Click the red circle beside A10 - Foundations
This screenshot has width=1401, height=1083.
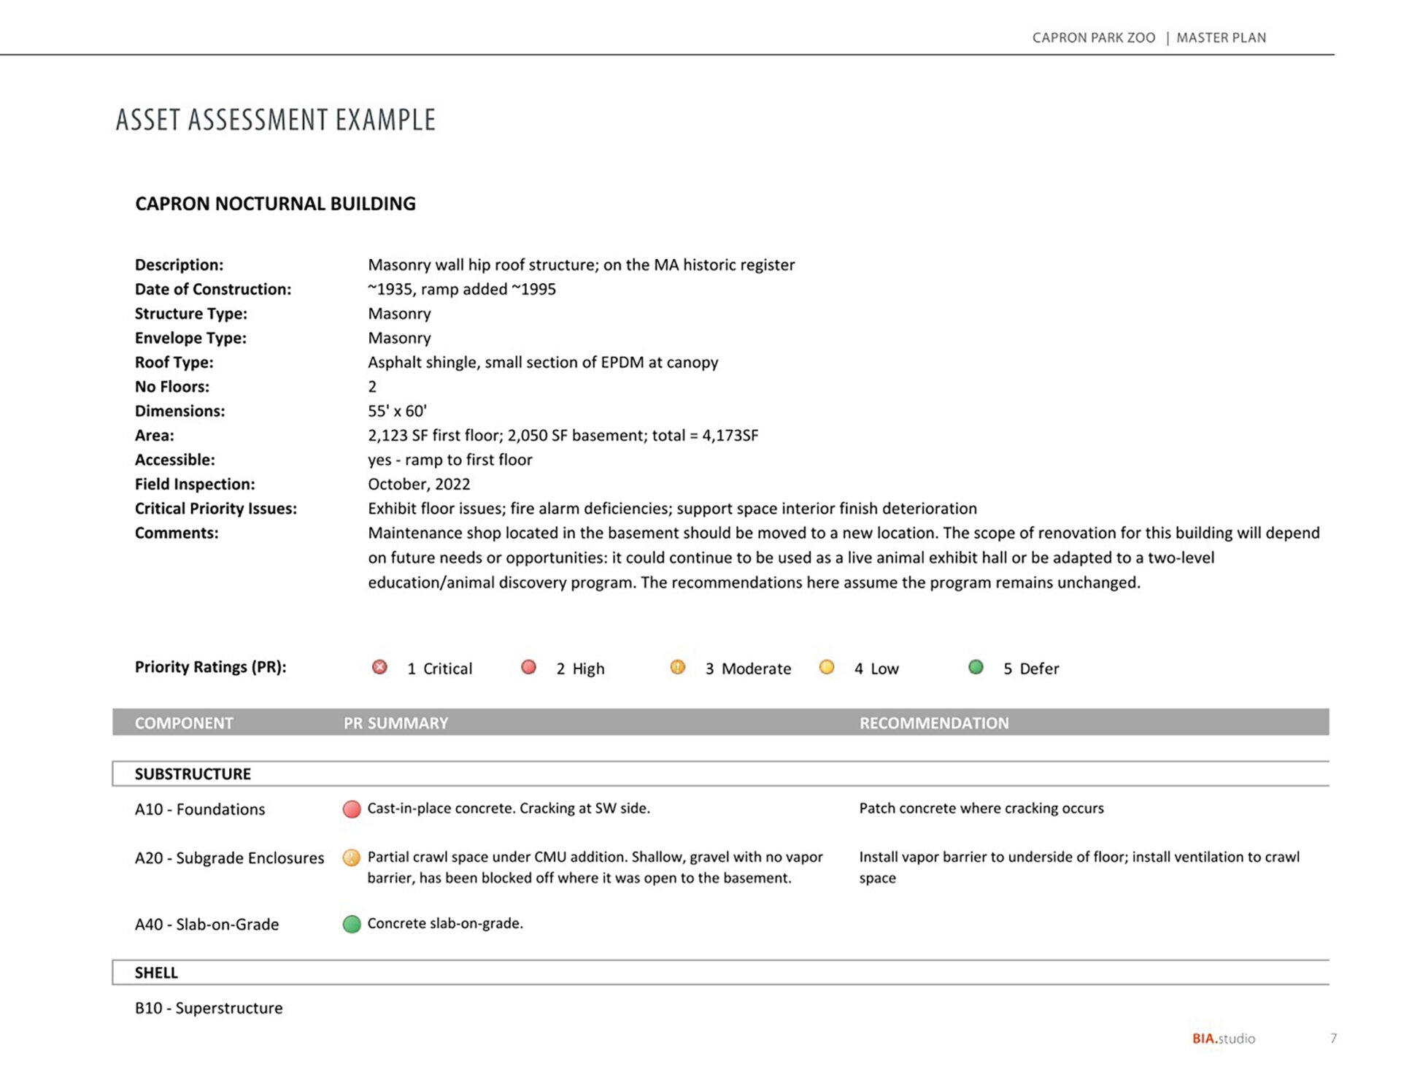[352, 809]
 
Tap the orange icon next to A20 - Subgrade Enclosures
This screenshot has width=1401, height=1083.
[352, 857]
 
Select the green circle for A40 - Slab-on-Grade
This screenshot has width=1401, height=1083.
[352, 924]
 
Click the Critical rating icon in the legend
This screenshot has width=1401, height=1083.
[379, 667]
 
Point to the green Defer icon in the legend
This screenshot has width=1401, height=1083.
[976, 667]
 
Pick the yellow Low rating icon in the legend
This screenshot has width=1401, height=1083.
[827, 667]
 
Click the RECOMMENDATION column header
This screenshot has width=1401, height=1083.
[934, 722]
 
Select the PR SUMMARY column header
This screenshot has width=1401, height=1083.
[395, 722]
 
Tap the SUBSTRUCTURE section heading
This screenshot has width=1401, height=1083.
[193, 774]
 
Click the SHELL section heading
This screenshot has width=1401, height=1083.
[156, 972]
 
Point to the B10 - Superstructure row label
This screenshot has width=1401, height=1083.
[209, 1008]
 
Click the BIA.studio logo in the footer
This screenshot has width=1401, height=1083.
[1224, 1038]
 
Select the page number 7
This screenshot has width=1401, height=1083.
[1333, 1038]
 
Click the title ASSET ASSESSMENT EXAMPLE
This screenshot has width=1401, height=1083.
[276, 120]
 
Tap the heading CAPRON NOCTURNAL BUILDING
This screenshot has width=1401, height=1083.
[275, 204]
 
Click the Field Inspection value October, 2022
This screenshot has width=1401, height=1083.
[419, 484]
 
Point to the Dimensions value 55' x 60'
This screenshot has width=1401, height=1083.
[397, 411]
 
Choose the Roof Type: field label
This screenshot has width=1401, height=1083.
[174, 362]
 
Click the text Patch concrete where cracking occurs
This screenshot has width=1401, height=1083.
[981, 808]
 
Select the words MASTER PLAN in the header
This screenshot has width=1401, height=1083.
[1221, 38]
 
